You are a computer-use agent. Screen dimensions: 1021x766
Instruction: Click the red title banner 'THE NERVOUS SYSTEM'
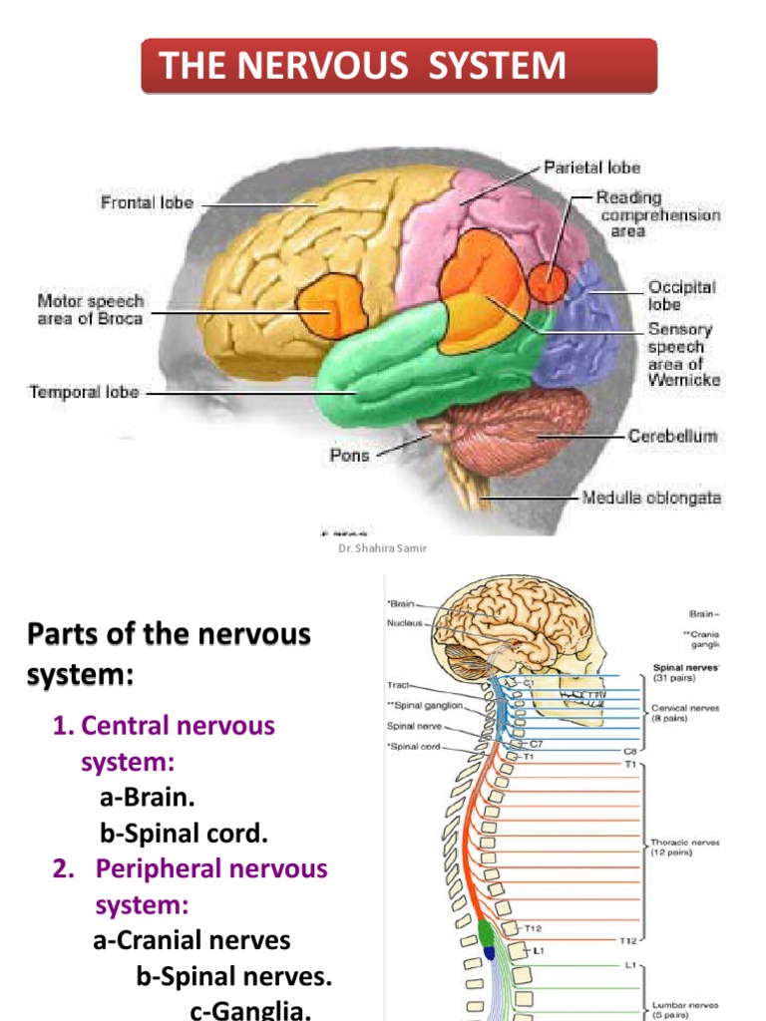coord(399,67)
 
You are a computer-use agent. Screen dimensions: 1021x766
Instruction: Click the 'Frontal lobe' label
coord(147,203)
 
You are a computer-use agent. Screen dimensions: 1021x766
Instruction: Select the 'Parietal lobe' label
coord(591,168)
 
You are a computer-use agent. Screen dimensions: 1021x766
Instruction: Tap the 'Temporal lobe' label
coord(85,393)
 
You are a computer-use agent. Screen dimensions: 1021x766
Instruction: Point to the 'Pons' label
coord(349,455)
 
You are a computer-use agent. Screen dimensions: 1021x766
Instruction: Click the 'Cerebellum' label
coord(672,437)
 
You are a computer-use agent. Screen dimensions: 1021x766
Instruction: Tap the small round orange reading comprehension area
coord(546,282)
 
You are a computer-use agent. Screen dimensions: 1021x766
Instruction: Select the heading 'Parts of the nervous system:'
coord(169,653)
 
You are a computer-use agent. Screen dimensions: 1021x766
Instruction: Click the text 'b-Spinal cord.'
coord(184,833)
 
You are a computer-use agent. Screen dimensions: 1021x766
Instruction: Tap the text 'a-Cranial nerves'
coord(191,940)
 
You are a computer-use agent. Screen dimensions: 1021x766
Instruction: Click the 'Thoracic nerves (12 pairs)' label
coord(685,847)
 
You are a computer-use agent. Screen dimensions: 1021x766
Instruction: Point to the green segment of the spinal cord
coord(487,933)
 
